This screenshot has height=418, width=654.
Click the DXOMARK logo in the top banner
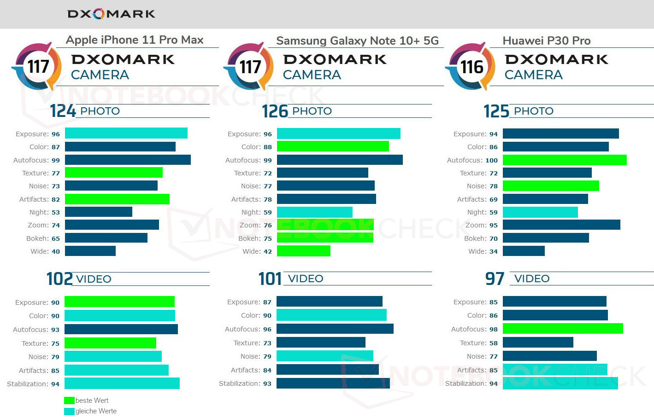(111, 14)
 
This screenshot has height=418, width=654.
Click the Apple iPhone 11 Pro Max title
(135, 40)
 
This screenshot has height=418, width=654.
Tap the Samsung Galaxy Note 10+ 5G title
(357, 41)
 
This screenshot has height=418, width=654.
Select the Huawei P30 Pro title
(546, 41)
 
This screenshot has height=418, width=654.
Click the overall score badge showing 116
(471, 67)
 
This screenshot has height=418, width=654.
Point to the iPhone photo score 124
(63, 111)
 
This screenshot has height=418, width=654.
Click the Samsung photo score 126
(275, 111)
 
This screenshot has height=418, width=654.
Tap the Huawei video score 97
(495, 279)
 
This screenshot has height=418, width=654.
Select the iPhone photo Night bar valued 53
(99, 212)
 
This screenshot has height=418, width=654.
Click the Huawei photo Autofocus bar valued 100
(565, 160)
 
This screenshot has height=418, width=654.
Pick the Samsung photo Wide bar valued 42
(304, 251)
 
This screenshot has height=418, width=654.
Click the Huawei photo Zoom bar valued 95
(561, 225)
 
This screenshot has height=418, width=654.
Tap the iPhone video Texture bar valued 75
(110, 343)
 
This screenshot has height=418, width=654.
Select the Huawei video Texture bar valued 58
(538, 343)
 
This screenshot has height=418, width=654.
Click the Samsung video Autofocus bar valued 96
(335, 329)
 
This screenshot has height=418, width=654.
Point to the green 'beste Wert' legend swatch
(69, 401)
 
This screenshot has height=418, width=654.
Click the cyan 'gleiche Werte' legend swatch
(69, 411)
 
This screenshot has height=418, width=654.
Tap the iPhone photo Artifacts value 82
(56, 199)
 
